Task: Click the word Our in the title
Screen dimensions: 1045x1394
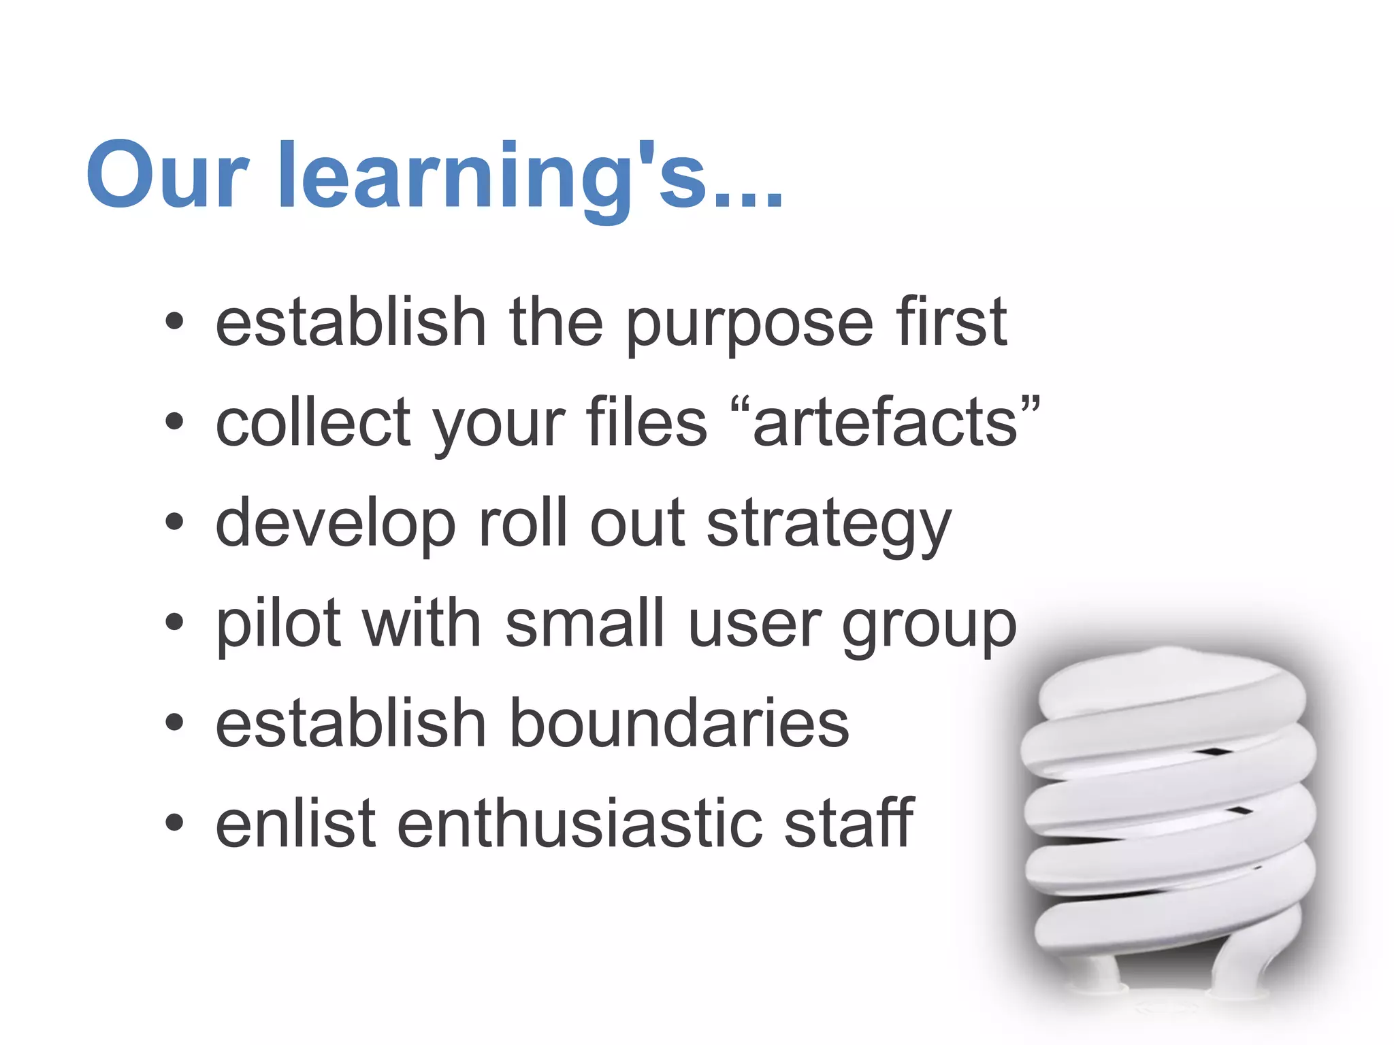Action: pos(167,176)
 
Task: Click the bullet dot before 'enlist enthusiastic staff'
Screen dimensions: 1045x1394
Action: pos(174,822)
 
